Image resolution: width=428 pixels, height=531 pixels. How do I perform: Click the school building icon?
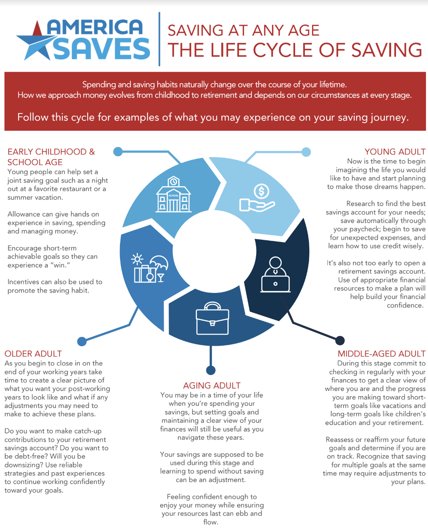click(x=173, y=194)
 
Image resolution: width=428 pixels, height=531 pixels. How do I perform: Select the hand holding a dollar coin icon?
click(x=257, y=198)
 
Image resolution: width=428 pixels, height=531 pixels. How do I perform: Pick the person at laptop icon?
click(x=275, y=274)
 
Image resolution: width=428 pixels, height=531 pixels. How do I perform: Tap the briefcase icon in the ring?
click(x=212, y=318)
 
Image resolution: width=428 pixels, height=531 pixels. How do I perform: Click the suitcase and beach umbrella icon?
click(x=150, y=268)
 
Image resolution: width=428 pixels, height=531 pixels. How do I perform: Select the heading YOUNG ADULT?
click(x=395, y=151)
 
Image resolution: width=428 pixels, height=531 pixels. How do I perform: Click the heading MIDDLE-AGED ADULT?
click(x=381, y=354)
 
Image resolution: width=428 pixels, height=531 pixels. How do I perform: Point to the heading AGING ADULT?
click(x=212, y=385)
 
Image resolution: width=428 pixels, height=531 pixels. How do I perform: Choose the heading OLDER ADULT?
click(x=33, y=354)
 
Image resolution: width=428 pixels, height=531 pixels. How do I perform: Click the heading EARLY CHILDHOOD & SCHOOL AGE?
click(x=51, y=157)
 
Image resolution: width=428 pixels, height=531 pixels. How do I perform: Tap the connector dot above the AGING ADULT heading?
click(x=211, y=370)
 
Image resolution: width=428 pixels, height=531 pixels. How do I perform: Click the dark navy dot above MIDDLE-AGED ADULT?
click(x=340, y=340)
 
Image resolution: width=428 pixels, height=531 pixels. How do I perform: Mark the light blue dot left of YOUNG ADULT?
click(x=306, y=152)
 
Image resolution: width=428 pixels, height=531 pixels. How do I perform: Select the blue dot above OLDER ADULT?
click(x=82, y=342)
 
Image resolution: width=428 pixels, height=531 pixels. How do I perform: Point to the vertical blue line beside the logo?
click(x=159, y=39)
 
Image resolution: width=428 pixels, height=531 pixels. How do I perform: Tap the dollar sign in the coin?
click(x=261, y=191)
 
